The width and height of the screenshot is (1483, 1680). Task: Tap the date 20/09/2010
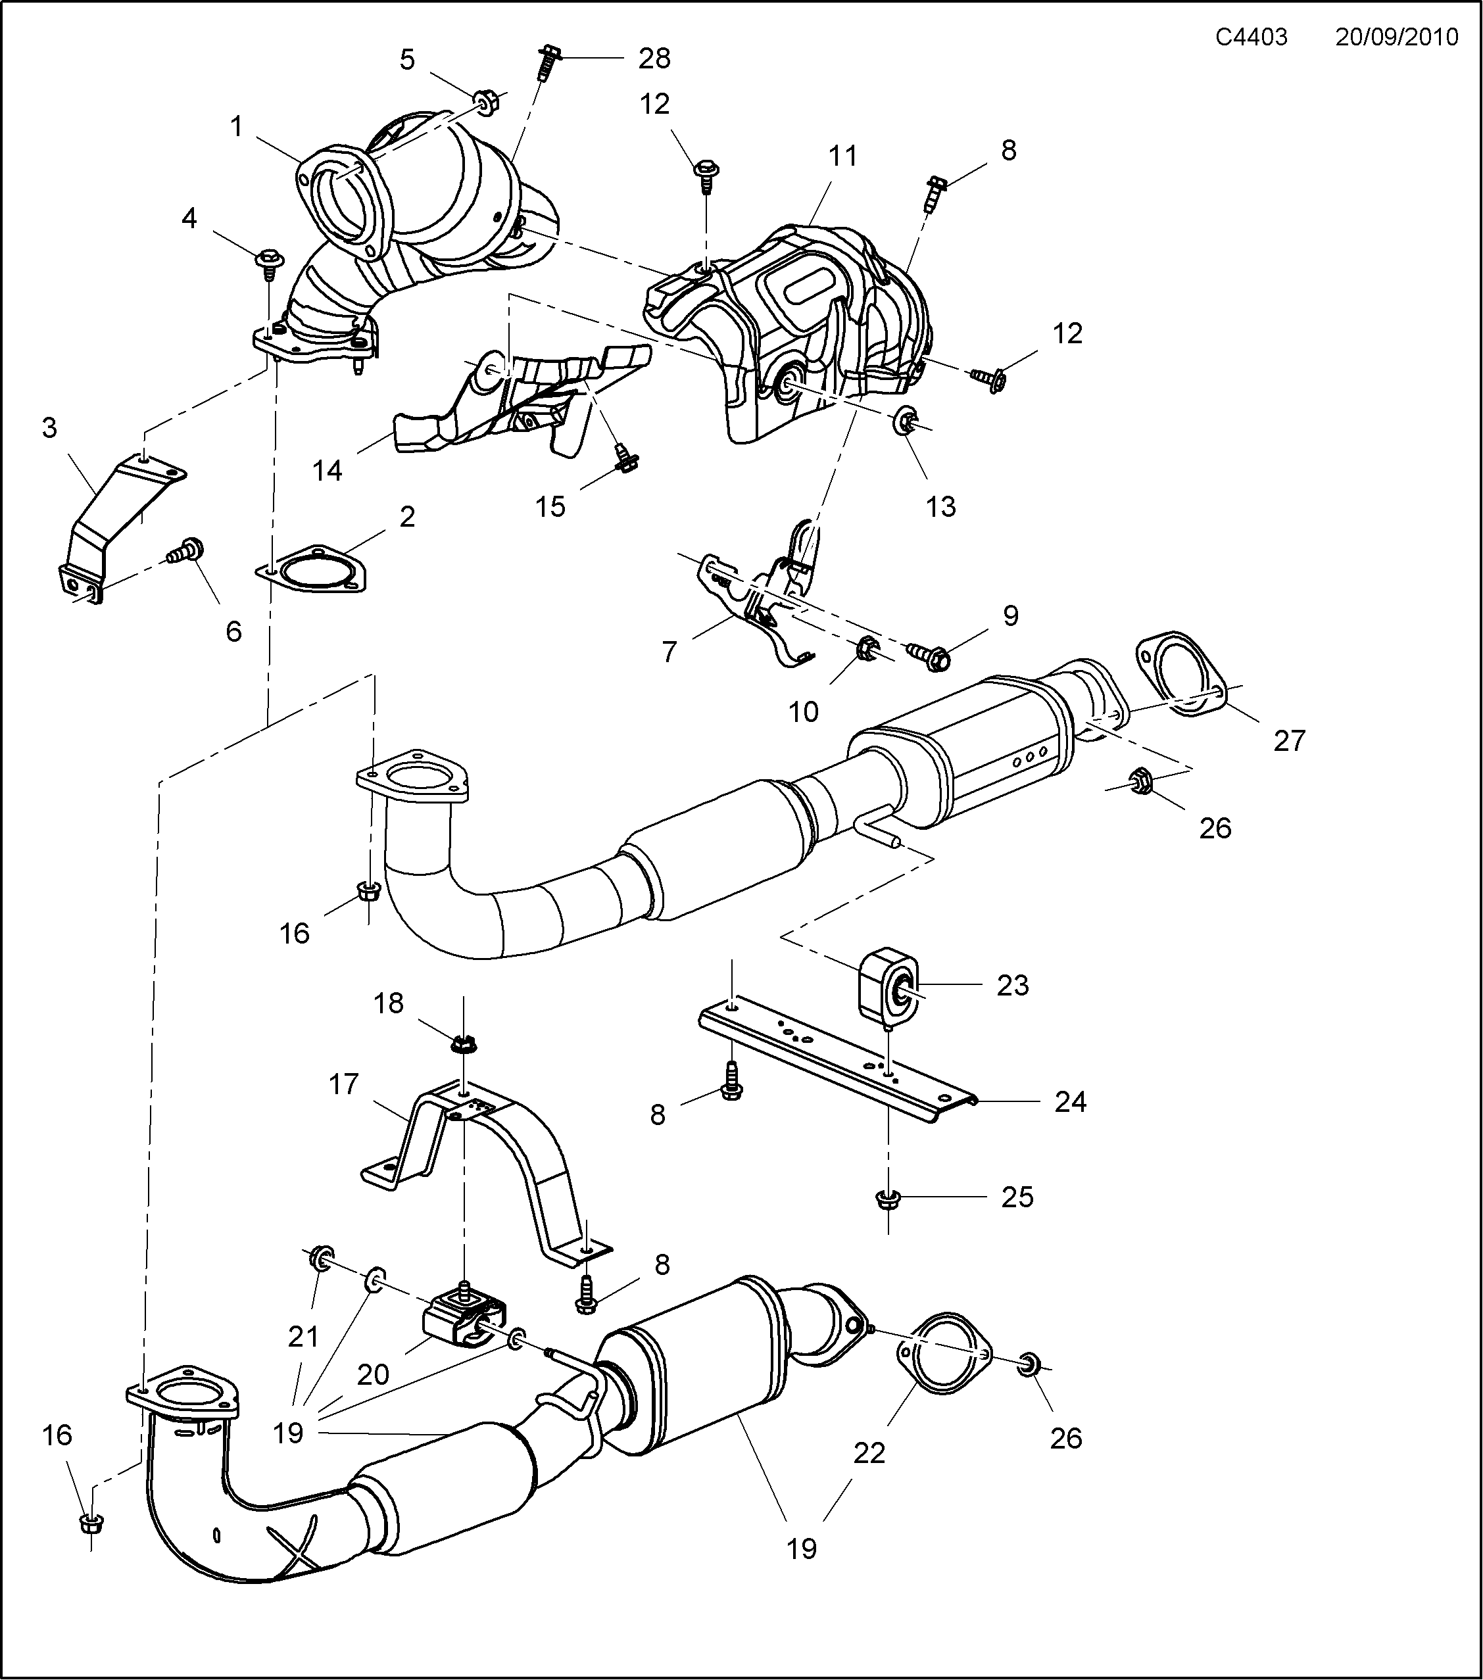(x=1396, y=37)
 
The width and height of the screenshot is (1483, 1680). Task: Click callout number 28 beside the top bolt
(x=654, y=59)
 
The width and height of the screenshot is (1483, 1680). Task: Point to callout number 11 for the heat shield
(x=842, y=155)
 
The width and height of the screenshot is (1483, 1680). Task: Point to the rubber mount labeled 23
(x=888, y=988)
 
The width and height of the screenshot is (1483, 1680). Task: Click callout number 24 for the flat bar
(x=1071, y=1101)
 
